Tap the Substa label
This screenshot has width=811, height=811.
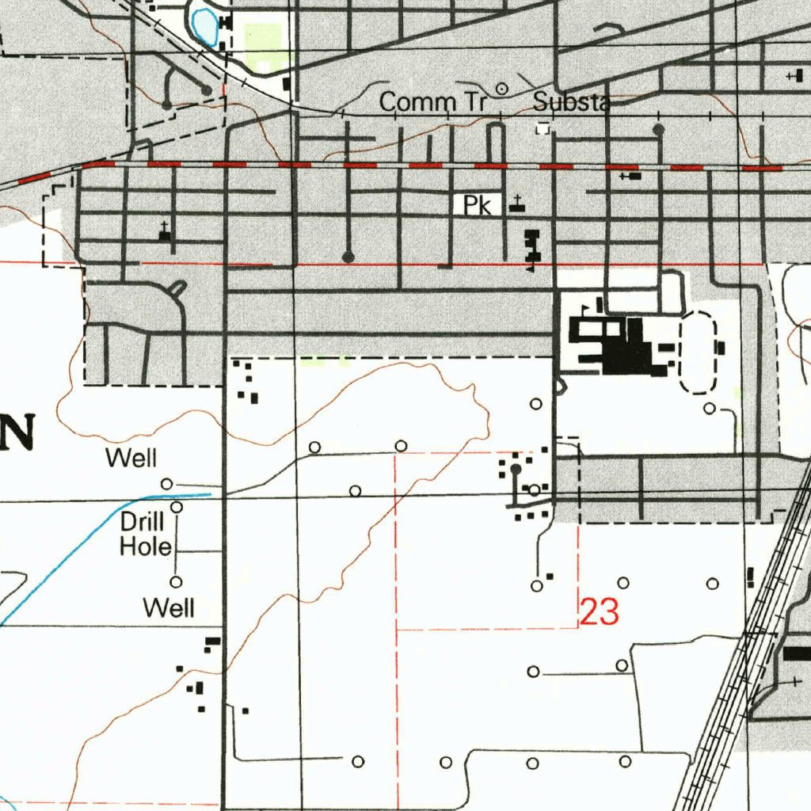pyautogui.click(x=570, y=102)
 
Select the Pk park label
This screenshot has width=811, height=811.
pyautogui.click(x=478, y=206)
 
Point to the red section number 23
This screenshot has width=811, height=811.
pyautogui.click(x=599, y=612)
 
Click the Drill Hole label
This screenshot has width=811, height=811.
pyautogui.click(x=143, y=534)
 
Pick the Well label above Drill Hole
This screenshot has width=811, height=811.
pyautogui.click(x=132, y=458)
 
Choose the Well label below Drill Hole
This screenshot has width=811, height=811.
pyautogui.click(x=168, y=607)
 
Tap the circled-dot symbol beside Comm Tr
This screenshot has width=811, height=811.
pyautogui.click(x=501, y=89)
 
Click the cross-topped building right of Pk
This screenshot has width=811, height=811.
pyautogui.click(x=516, y=204)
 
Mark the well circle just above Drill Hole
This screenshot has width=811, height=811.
pyautogui.click(x=177, y=507)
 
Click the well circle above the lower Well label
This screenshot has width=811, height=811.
pyautogui.click(x=177, y=581)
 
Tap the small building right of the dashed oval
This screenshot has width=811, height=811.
pyautogui.click(x=720, y=347)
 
